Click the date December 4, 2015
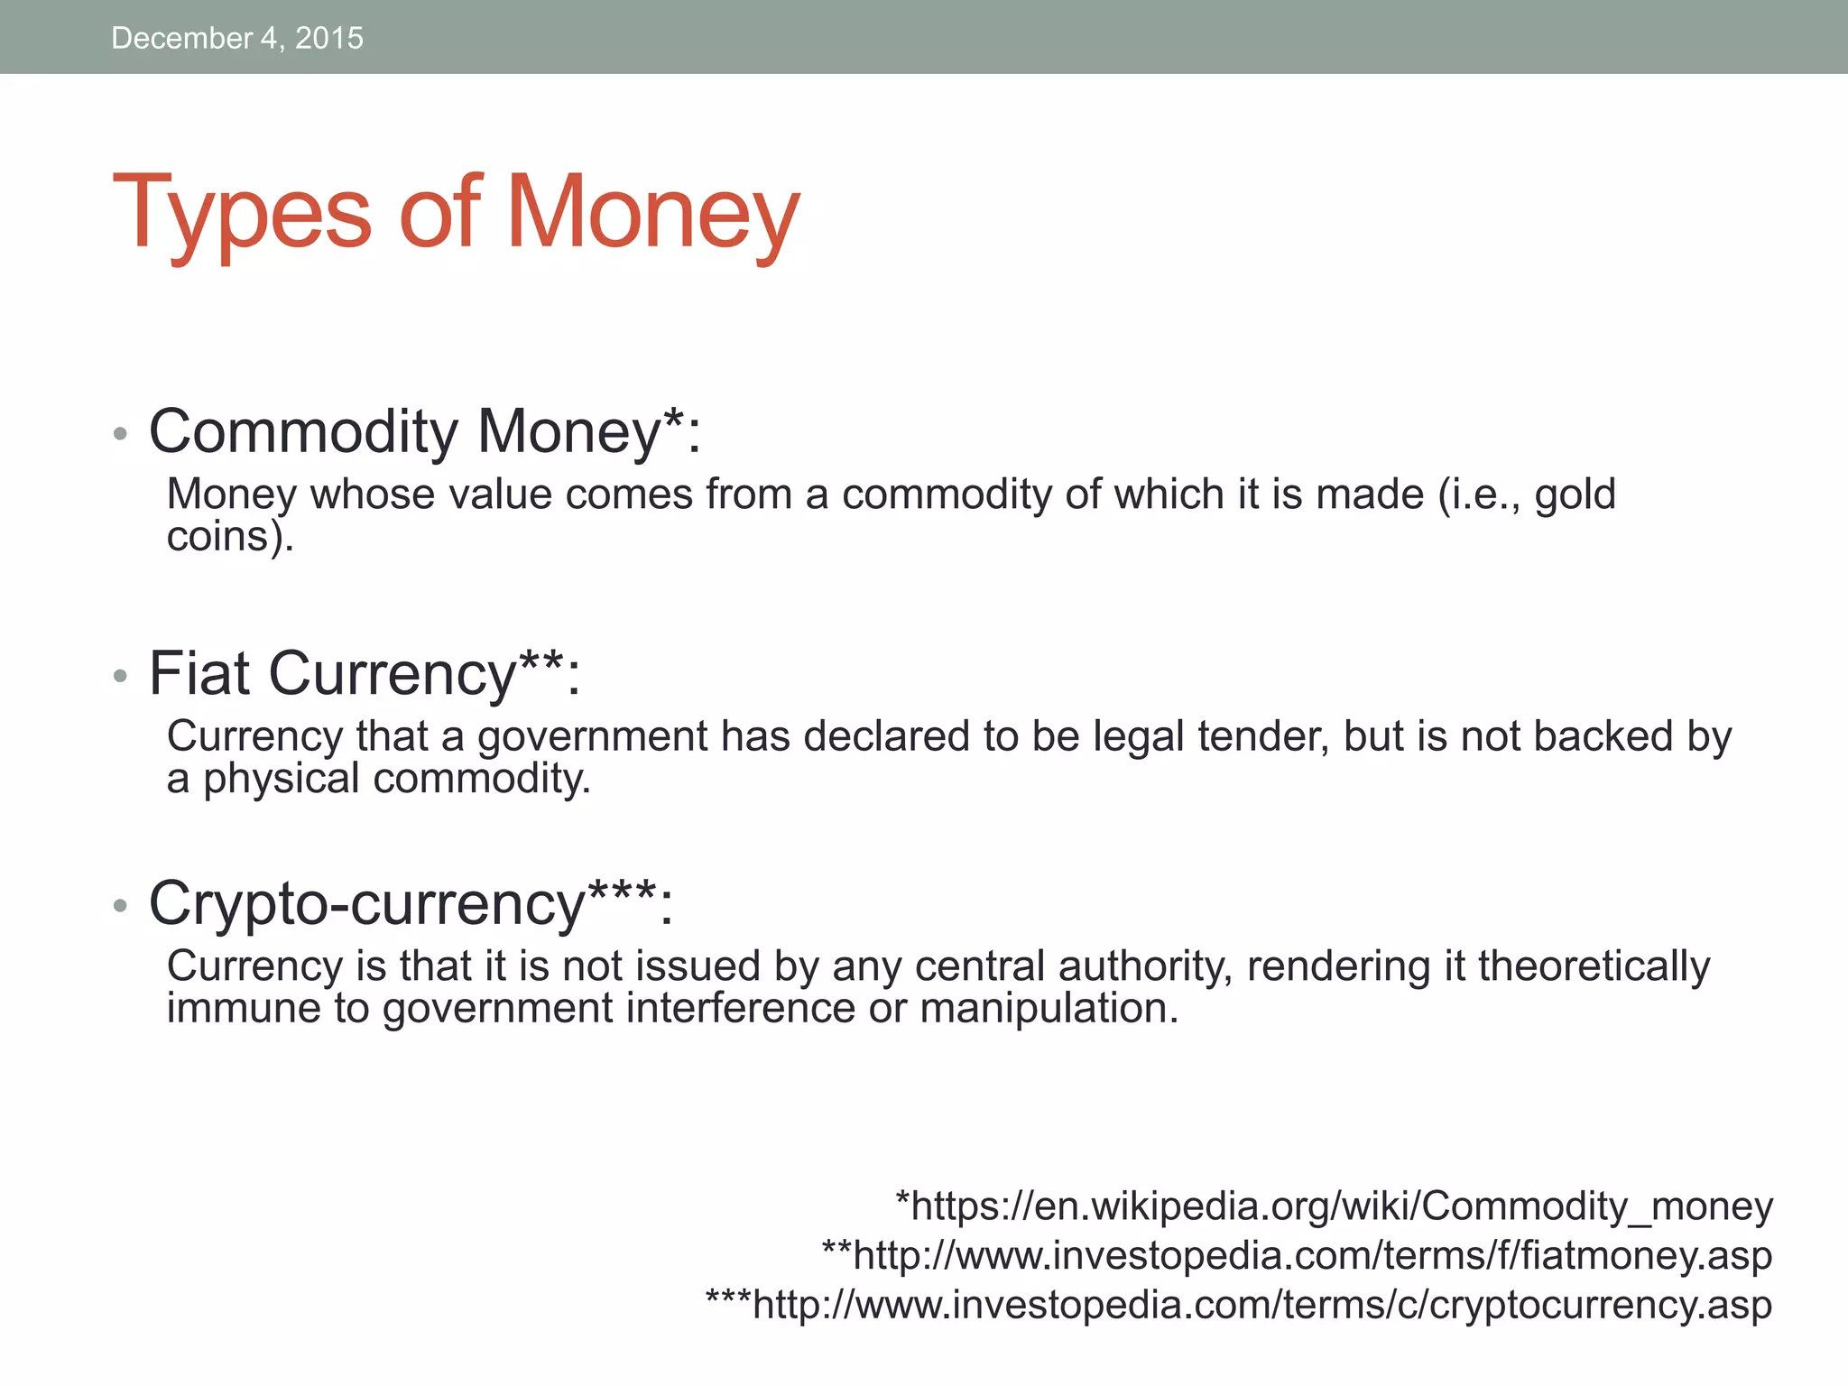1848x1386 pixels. (237, 38)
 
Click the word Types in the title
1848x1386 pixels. (242, 214)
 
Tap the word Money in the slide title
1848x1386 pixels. (652, 214)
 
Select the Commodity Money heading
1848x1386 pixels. (424, 432)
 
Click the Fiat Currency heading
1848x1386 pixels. (365, 674)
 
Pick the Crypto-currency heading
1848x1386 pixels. (411, 903)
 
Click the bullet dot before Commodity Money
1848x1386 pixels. (121, 435)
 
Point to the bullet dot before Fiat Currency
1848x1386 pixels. (121, 676)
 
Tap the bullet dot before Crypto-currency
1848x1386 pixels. (121, 905)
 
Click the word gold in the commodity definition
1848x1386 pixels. (1575, 495)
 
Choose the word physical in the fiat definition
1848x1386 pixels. (281, 779)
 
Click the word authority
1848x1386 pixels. (1146, 966)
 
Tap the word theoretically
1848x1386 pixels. (1594, 966)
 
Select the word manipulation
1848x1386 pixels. (1049, 1009)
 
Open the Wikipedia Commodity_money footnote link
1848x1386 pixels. (1334, 1206)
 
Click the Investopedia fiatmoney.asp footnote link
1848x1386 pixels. (1297, 1255)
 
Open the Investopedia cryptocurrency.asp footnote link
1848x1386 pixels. (1239, 1305)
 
